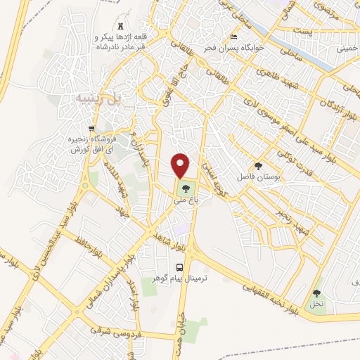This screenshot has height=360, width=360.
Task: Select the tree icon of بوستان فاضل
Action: coord(259,167)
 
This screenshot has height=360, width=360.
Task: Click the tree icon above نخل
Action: coord(317,293)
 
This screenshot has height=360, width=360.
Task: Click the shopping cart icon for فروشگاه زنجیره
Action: coord(91,128)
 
